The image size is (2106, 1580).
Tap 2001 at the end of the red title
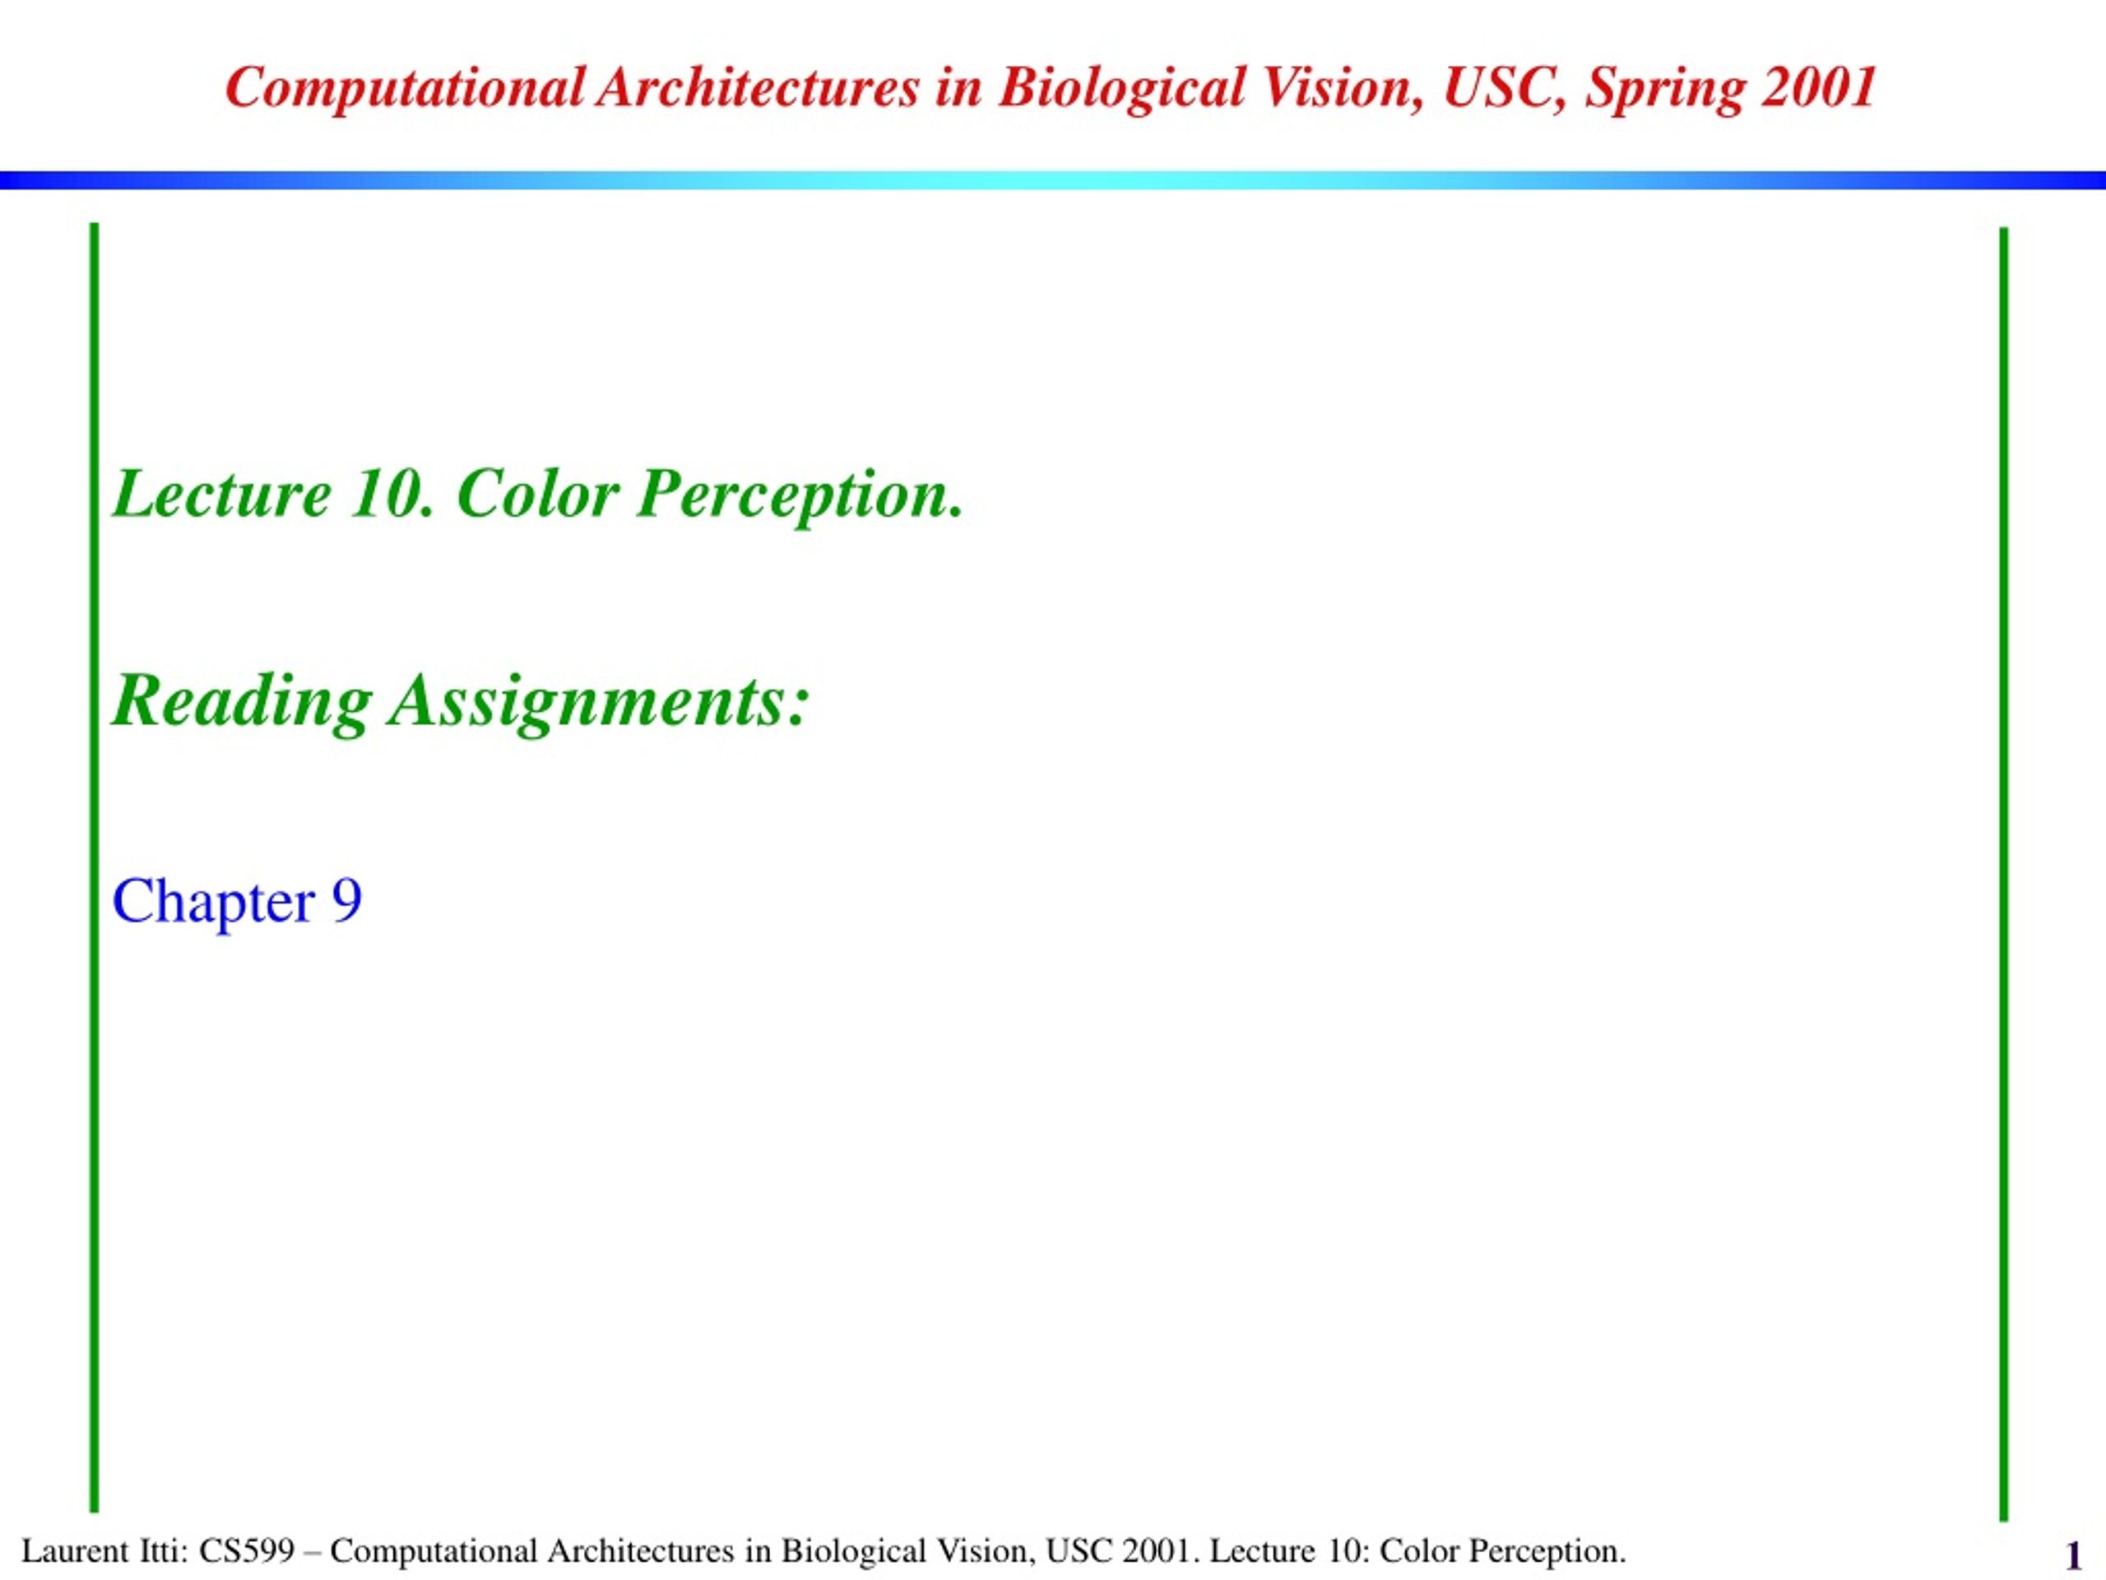(1820, 86)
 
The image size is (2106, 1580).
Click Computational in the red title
(405, 90)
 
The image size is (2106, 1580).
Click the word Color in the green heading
(538, 495)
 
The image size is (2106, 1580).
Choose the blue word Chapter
(213, 902)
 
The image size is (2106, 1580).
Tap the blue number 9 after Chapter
(346, 901)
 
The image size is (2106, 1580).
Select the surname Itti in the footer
(165, 1550)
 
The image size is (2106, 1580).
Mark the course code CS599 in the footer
(247, 1550)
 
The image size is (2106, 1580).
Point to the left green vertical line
(95, 867)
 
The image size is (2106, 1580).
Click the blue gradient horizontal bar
(1053, 180)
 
